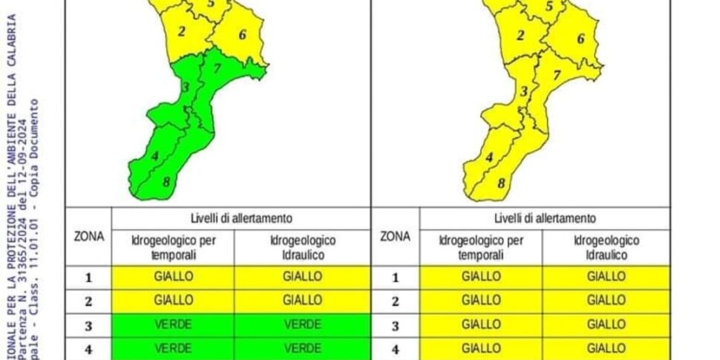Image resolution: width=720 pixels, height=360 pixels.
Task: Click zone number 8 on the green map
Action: tap(166, 181)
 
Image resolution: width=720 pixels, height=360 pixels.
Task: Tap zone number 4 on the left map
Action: tap(154, 156)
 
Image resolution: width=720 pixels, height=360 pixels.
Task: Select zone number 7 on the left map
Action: tap(217, 70)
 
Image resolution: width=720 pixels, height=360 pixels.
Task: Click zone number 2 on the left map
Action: tap(182, 31)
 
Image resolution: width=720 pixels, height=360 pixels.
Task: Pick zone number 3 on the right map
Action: tap(523, 91)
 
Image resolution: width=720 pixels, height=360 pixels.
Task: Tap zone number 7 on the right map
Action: tap(556, 74)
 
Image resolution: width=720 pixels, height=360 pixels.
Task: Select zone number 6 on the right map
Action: tap(581, 38)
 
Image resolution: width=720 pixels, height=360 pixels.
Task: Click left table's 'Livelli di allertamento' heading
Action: tap(240, 218)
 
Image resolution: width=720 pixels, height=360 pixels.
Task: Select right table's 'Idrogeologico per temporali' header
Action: tap(481, 247)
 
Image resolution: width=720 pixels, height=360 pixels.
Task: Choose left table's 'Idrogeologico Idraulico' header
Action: tap(302, 247)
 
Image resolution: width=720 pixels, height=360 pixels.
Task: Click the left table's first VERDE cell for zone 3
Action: tap(173, 324)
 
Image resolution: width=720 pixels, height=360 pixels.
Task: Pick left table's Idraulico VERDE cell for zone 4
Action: tap(302, 347)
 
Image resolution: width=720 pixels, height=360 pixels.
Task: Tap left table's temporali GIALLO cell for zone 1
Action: tap(173, 277)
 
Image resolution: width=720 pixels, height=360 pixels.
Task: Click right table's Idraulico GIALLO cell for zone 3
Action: tap(606, 324)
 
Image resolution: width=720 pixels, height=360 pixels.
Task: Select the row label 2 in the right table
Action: tap(395, 301)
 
